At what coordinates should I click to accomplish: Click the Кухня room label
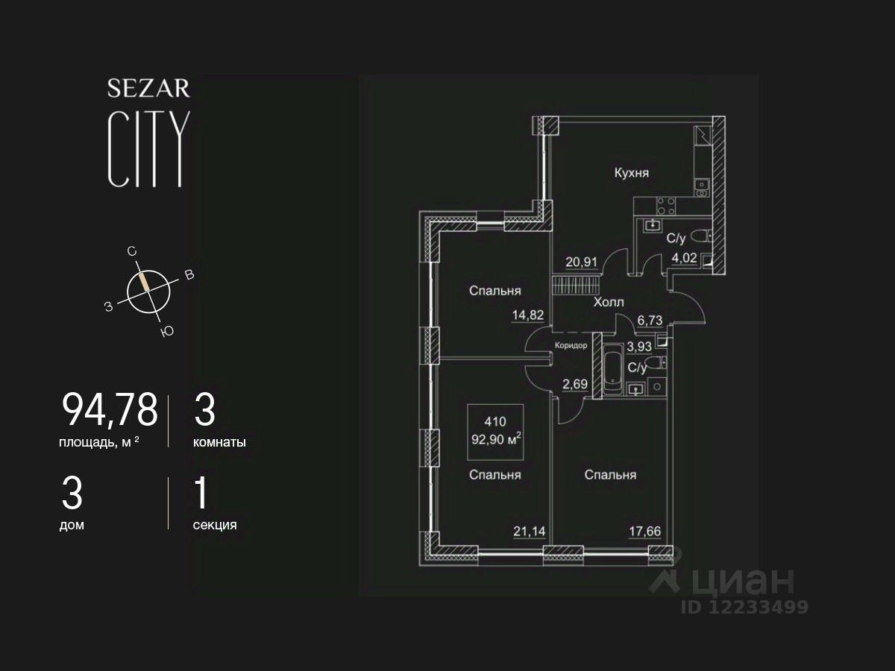[x=631, y=173]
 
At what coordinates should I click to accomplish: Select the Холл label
[x=608, y=302]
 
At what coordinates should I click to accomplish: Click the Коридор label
[x=571, y=345]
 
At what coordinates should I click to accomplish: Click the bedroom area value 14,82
[x=527, y=315]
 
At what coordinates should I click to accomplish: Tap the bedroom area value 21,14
[x=527, y=531]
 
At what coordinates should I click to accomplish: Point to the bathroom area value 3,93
[x=640, y=346]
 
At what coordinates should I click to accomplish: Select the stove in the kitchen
[x=666, y=204]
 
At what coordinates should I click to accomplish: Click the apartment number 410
[x=494, y=421]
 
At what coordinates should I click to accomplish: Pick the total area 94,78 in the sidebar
[x=110, y=409]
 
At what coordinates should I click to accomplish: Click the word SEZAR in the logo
[x=148, y=89]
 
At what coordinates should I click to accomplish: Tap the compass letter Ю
[x=167, y=332]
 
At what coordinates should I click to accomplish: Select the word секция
[x=215, y=525]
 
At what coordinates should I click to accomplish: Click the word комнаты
[x=219, y=442]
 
